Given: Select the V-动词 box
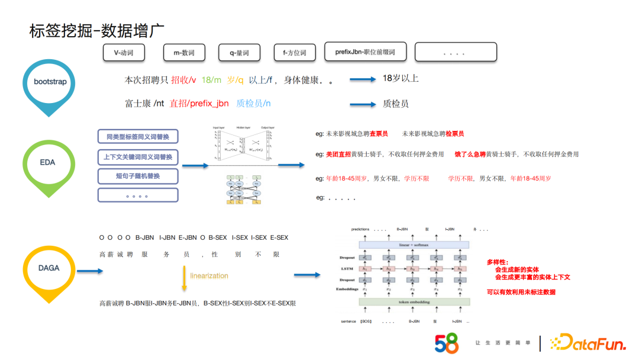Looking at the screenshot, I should [123, 53].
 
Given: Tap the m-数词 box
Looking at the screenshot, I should [184, 53].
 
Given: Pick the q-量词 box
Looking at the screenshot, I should [239, 53].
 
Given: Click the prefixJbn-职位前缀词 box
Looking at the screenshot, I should [364, 52].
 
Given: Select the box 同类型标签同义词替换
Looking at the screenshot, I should [137, 137].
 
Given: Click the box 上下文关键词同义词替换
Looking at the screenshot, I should [137, 157].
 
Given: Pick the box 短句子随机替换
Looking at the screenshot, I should [137, 176].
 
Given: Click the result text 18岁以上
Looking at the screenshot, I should [401, 78].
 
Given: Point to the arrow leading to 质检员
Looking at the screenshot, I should [363, 104].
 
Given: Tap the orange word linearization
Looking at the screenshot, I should [209, 275].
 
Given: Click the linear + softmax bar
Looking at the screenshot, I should [414, 245].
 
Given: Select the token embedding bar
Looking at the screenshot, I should [414, 302].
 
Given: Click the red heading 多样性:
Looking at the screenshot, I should [498, 262].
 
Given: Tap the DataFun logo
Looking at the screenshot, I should [587, 342].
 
